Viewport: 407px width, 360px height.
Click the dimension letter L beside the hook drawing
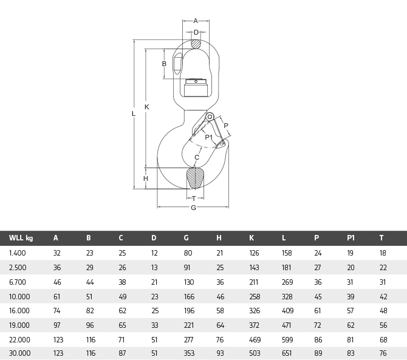pyautogui.click(x=134, y=114)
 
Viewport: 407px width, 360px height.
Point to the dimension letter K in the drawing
pyautogui.click(x=146, y=107)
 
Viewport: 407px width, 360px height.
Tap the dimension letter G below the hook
pyautogui.click(x=193, y=208)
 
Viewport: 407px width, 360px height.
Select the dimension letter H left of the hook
pyautogui.click(x=145, y=178)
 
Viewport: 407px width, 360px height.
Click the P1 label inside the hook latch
pyautogui.click(x=209, y=137)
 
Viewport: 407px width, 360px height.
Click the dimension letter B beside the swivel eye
pyautogui.click(x=164, y=64)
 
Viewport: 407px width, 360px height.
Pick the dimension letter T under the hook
pyautogui.click(x=194, y=199)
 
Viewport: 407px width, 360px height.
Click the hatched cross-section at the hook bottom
pyautogui.click(x=195, y=178)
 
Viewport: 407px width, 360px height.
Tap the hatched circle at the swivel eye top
pyautogui.click(x=196, y=44)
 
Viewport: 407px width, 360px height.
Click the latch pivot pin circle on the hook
pyautogui.click(x=210, y=117)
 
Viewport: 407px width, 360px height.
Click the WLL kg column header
pyautogui.click(x=21, y=238)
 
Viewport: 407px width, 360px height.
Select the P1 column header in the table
pyautogui.click(x=351, y=238)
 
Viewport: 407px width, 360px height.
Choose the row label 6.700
pyautogui.click(x=19, y=282)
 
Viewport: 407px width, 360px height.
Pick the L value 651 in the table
pyautogui.click(x=287, y=353)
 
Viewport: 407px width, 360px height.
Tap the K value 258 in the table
pyautogui.click(x=255, y=297)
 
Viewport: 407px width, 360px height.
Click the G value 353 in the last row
pyautogui.click(x=190, y=353)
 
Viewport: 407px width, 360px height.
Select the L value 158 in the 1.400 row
pyautogui.click(x=287, y=253)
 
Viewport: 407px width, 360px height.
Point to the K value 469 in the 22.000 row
pyautogui.click(x=255, y=339)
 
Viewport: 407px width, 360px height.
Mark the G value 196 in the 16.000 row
pyautogui.click(x=190, y=311)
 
